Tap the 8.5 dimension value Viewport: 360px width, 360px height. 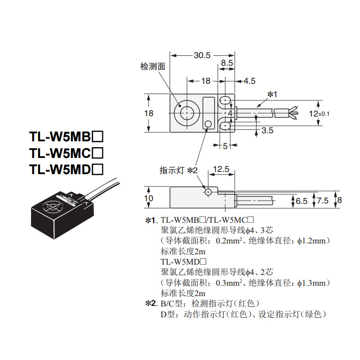pyautogui.click(x=226, y=63)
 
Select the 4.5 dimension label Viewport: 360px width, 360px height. pyautogui.click(x=249, y=81)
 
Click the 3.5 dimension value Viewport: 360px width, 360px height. pyautogui.click(x=267, y=131)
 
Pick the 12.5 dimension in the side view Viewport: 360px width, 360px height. pyautogui.click(x=221, y=169)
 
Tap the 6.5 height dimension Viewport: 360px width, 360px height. pyautogui.click(x=302, y=201)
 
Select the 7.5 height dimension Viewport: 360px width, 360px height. pyautogui.click(x=322, y=201)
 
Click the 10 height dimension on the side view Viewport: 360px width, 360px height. pyautogui.click(x=149, y=198)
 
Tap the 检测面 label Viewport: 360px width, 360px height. pyautogui.click(x=153, y=67)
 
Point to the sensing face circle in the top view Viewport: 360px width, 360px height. pyautogui.click(x=186, y=112)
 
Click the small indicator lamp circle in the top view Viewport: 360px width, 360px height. pyautogui.click(x=208, y=124)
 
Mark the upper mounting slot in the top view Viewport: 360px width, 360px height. pyautogui.click(x=225, y=99)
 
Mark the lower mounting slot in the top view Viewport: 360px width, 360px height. pyautogui.click(x=225, y=126)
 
